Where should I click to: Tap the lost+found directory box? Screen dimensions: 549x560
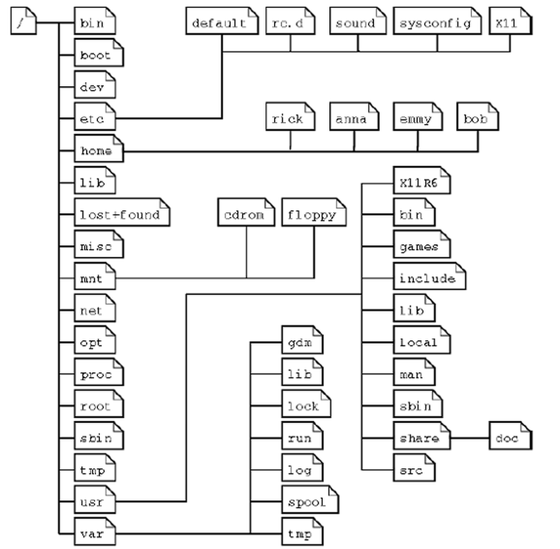tap(121, 215)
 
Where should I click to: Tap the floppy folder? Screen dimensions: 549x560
tap(313, 215)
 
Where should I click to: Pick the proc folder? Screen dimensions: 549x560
tap(96, 375)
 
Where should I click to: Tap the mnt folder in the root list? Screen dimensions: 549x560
tap(93, 279)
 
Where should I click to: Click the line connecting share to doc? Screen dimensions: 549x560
tap(470, 438)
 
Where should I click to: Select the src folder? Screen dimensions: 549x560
tap(413, 470)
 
